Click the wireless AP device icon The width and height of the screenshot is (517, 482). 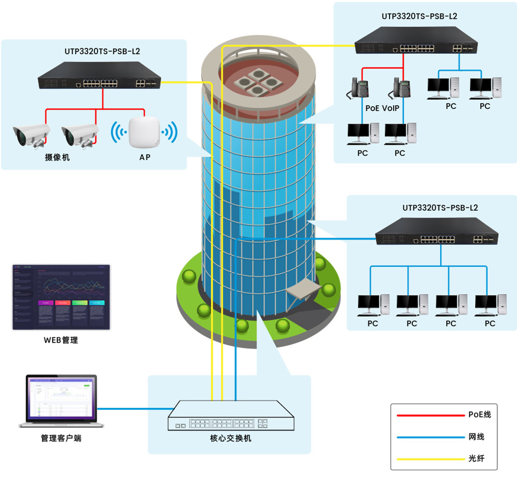point(144,134)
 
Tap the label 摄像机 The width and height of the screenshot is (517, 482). point(57,157)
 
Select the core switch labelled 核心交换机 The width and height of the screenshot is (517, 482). point(232,415)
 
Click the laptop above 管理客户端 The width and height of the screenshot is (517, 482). point(61,401)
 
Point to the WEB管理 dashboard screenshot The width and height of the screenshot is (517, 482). point(61,297)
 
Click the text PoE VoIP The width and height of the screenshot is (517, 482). point(382,108)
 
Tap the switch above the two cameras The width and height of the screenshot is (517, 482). point(100,75)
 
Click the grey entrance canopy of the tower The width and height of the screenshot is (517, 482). point(304,289)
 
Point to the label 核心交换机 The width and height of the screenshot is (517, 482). point(231,438)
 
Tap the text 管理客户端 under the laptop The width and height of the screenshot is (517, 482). point(61,438)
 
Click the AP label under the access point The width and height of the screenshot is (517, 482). point(145,157)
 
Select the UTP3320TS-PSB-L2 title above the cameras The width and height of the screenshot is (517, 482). point(102,51)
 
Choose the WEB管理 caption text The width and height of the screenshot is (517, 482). point(61,340)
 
